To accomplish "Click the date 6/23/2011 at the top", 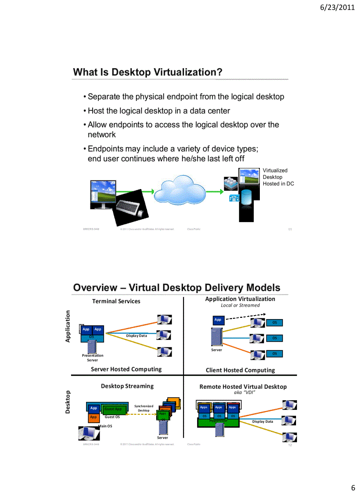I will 337,7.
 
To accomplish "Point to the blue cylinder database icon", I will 246,197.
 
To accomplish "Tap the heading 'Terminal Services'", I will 116,301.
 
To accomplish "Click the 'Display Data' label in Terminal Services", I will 136,336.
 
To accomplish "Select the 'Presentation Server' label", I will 93,357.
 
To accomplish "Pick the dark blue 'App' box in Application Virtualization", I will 217,320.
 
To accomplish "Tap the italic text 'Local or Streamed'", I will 240,305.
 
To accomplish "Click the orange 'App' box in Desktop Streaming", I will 93,417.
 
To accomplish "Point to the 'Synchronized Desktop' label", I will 143,408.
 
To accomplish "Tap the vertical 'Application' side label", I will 68,326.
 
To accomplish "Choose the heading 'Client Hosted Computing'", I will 240,370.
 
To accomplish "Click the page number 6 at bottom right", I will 352,488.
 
